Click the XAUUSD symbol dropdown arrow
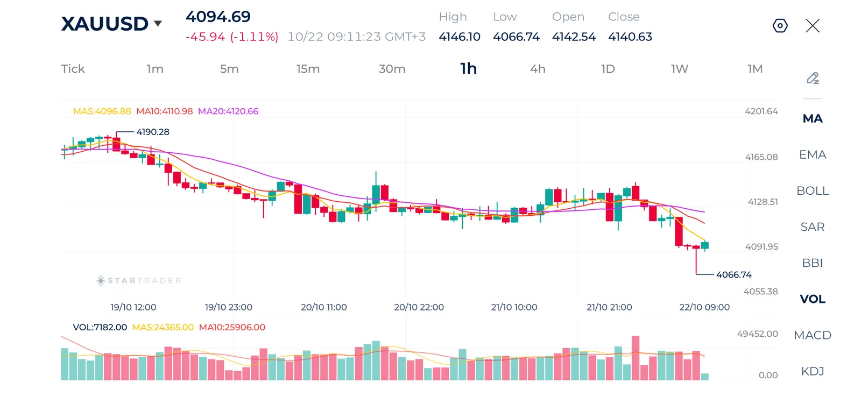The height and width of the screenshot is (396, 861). (x=158, y=24)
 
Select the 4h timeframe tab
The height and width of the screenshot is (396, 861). (x=538, y=69)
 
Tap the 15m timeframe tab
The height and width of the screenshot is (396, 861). (x=308, y=69)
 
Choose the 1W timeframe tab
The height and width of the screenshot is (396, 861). (x=680, y=69)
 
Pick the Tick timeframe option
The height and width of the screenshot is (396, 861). (x=73, y=69)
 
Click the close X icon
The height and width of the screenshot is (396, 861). (x=813, y=26)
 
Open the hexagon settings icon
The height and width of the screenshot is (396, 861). (x=780, y=26)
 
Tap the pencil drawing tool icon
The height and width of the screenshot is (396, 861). (x=813, y=78)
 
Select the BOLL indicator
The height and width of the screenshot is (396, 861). (x=813, y=190)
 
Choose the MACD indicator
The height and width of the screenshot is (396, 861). (x=813, y=335)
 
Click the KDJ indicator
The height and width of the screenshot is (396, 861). (x=813, y=371)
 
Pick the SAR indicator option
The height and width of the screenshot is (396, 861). (x=813, y=227)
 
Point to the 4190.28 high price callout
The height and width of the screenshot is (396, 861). (x=153, y=132)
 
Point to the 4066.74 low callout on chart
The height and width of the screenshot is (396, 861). (x=734, y=274)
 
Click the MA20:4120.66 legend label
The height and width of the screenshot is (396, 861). (x=228, y=111)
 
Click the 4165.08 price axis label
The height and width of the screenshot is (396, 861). (x=761, y=157)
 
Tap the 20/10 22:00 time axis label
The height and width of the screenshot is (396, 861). (x=419, y=307)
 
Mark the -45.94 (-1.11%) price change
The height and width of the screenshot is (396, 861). (x=232, y=37)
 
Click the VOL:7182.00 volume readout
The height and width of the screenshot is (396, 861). (x=100, y=327)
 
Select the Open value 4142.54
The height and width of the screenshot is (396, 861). (x=574, y=37)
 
